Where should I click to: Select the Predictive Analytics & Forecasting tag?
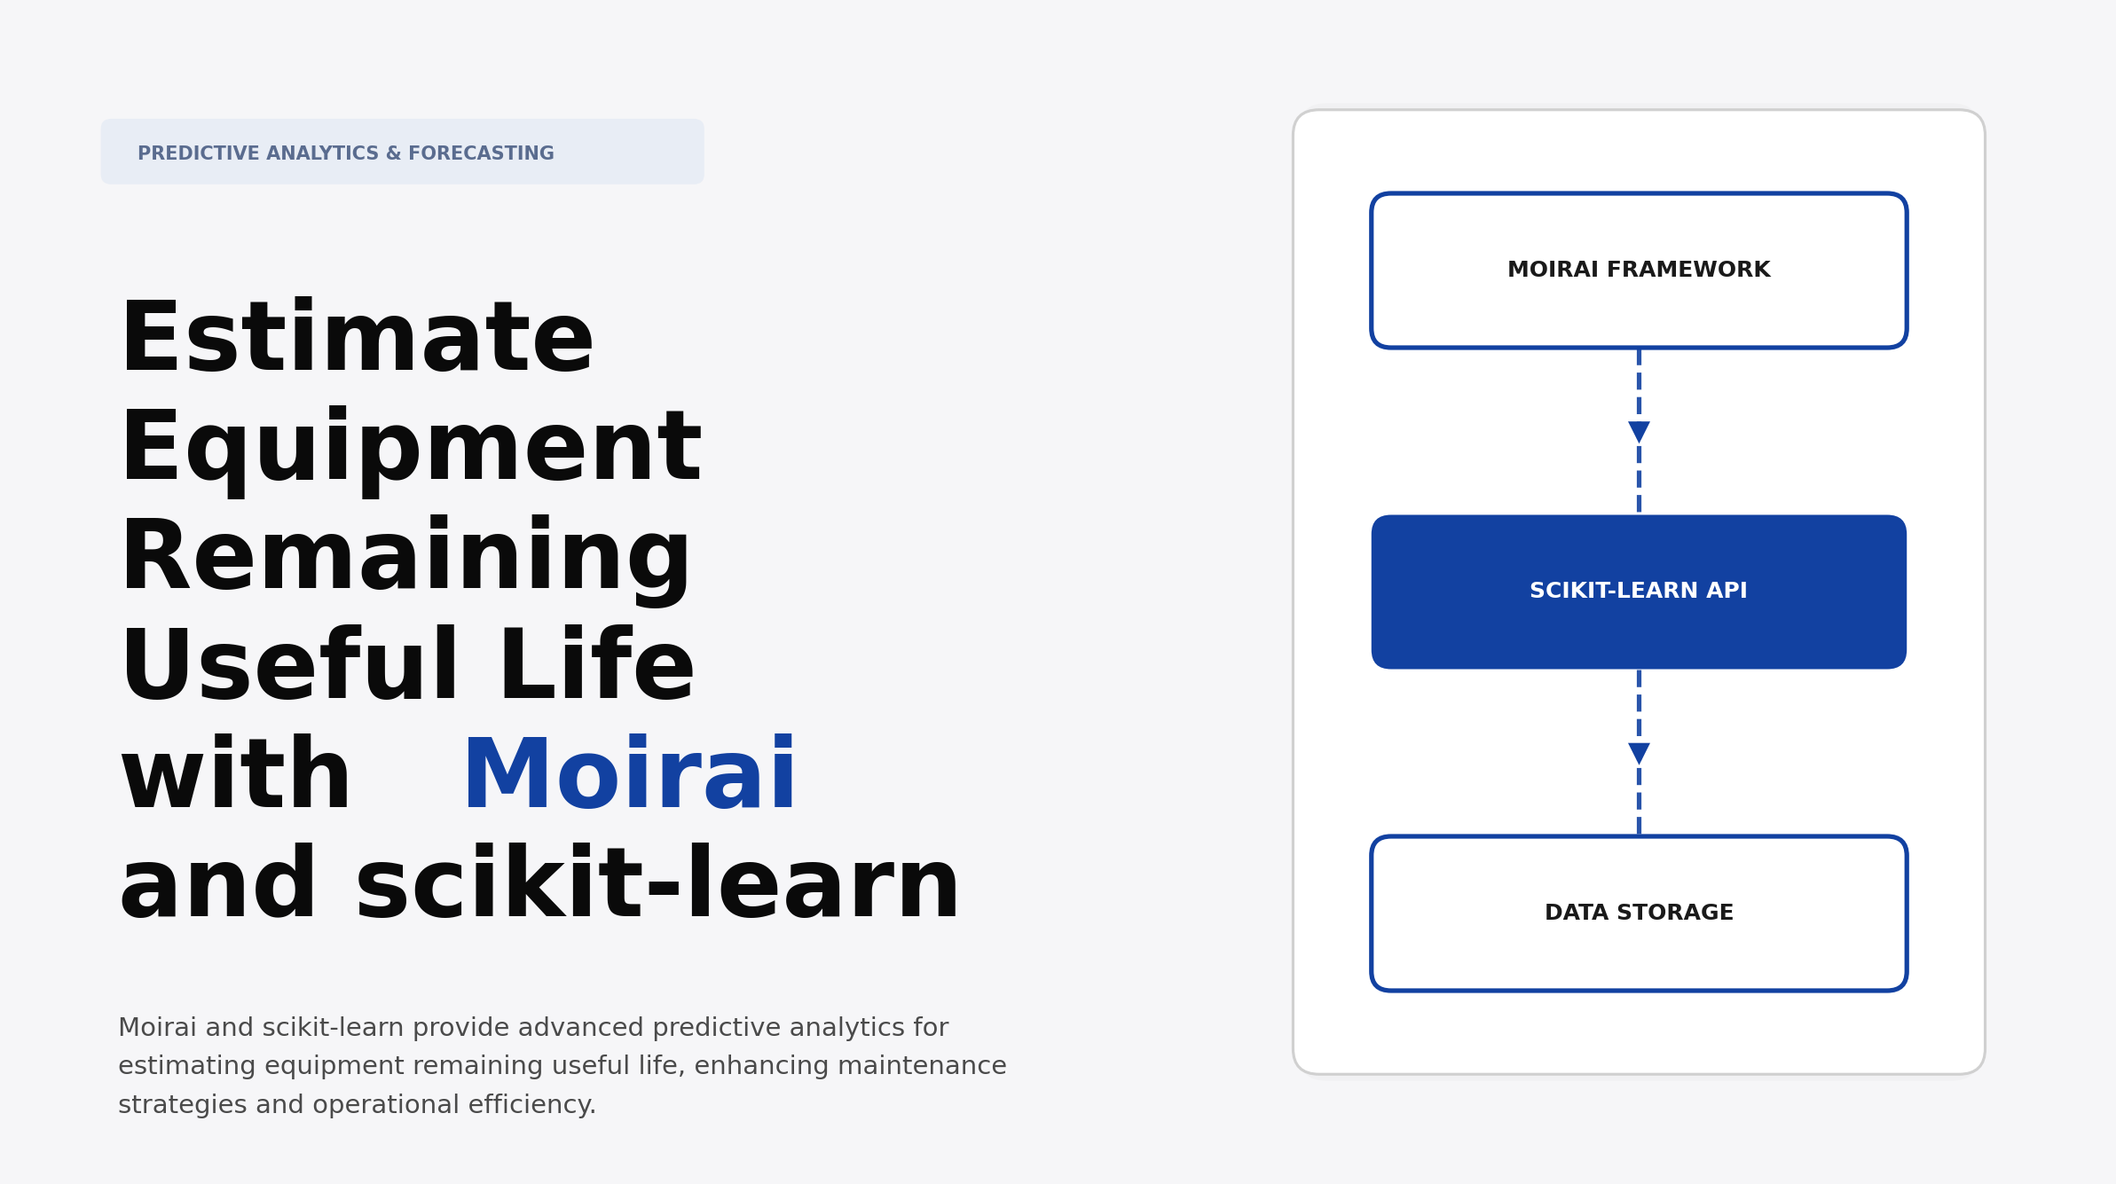402,152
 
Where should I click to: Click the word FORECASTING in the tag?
481,153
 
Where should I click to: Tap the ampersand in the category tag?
393,153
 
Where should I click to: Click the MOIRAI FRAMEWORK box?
1638,270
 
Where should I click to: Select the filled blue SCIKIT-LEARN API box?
1638,592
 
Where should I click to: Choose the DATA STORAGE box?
1638,913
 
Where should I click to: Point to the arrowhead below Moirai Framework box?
1639,432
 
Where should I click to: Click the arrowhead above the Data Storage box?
1639,754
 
